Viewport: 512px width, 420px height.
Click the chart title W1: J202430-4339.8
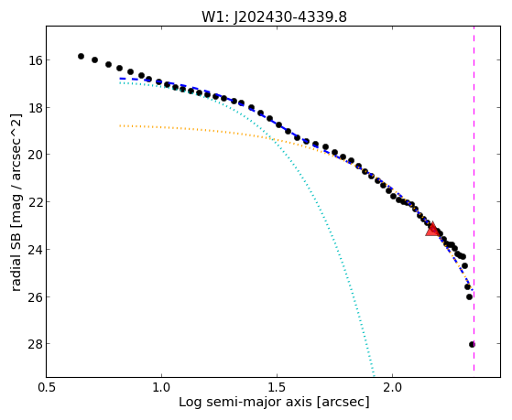pos(274,16)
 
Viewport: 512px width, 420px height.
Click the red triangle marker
pos(432,229)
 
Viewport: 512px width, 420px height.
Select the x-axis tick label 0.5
pos(47,387)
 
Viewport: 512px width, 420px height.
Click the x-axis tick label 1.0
pos(161,387)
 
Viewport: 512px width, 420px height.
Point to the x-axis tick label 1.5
pos(277,387)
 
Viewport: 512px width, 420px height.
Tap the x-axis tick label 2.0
pos(393,387)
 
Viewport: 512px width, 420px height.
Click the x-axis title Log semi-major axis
pos(245,402)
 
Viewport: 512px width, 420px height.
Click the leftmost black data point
pos(81,56)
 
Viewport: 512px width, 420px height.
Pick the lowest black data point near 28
pos(472,344)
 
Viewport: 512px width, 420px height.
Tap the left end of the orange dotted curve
pos(120,125)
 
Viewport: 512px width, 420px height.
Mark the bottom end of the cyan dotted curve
pos(374,375)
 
